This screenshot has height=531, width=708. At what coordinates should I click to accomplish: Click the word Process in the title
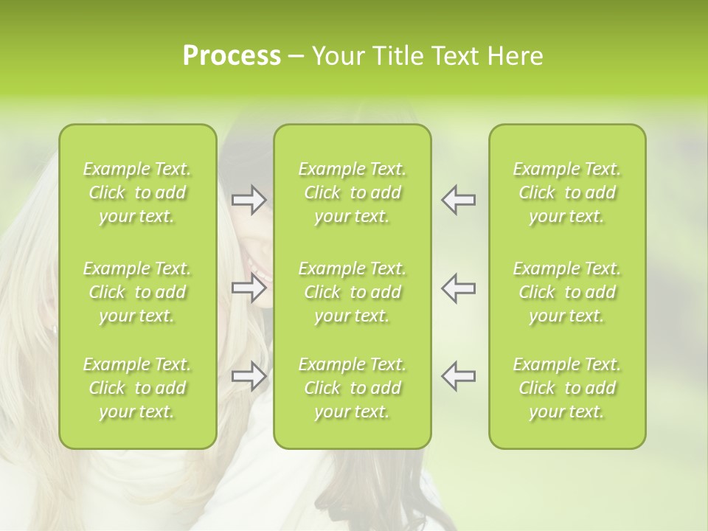[232, 56]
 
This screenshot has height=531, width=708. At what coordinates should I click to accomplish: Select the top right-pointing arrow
[249, 200]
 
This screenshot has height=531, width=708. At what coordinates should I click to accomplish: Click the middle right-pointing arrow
[249, 288]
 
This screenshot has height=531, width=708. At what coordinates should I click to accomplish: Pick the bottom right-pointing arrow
[249, 375]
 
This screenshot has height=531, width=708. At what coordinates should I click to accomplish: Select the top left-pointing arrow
[459, 200]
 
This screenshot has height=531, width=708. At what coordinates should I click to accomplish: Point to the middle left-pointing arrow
[459, 288]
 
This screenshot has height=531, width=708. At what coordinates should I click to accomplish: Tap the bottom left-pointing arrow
[459, 375]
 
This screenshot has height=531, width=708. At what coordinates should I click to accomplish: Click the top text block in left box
[137, 192]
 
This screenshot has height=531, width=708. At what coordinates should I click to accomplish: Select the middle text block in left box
[137, 292]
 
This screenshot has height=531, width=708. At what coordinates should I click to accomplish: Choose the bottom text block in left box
[137, 388]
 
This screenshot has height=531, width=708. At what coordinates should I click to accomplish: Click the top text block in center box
[353, 192]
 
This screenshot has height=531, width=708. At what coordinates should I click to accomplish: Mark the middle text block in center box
[353, 292]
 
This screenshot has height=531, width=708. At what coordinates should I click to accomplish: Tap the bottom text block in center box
[353, 388]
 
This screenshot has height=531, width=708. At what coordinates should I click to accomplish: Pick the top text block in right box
[567, 192]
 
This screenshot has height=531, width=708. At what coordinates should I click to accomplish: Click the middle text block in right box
[567, 292]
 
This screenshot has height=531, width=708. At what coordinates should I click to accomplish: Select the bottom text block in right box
[567, 388]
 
